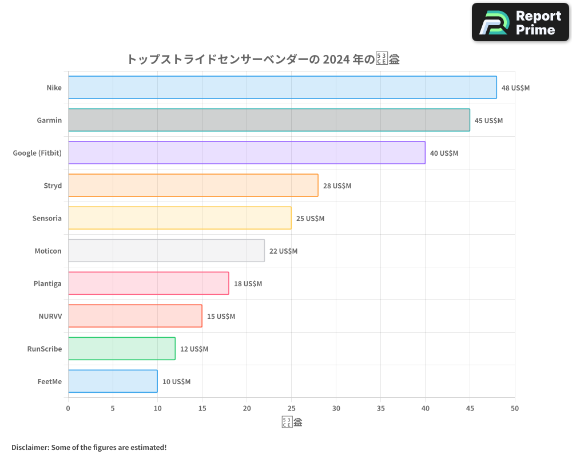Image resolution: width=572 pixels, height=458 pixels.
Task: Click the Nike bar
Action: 282,88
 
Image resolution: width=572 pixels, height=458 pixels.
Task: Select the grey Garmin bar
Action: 269,120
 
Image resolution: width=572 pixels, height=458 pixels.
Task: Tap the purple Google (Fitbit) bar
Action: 247,153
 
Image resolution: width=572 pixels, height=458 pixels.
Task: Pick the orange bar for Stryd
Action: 193,185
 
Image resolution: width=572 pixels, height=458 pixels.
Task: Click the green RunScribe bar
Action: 121,349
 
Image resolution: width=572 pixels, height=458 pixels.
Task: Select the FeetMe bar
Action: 113,381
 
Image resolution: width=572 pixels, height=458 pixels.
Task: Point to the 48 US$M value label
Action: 515,88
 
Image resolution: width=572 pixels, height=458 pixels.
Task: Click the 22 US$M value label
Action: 283,251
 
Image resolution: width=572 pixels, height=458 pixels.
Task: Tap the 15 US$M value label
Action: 221,317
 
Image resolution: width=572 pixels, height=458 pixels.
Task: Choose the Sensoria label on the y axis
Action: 47,218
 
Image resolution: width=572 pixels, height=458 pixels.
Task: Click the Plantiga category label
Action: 47,283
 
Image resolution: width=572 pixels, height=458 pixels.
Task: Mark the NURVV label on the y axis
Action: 51,316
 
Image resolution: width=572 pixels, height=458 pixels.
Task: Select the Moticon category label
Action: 48,251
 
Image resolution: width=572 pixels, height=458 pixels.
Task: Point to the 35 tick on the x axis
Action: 381,408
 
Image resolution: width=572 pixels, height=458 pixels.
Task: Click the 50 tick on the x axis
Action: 515,408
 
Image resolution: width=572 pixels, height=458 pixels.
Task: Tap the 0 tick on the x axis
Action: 68,408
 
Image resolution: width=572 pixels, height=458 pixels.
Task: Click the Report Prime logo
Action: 521,22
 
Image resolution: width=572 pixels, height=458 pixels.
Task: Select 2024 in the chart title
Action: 335,59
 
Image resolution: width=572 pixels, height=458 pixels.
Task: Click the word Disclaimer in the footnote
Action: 29,447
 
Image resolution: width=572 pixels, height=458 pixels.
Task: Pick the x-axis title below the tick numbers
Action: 292,423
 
